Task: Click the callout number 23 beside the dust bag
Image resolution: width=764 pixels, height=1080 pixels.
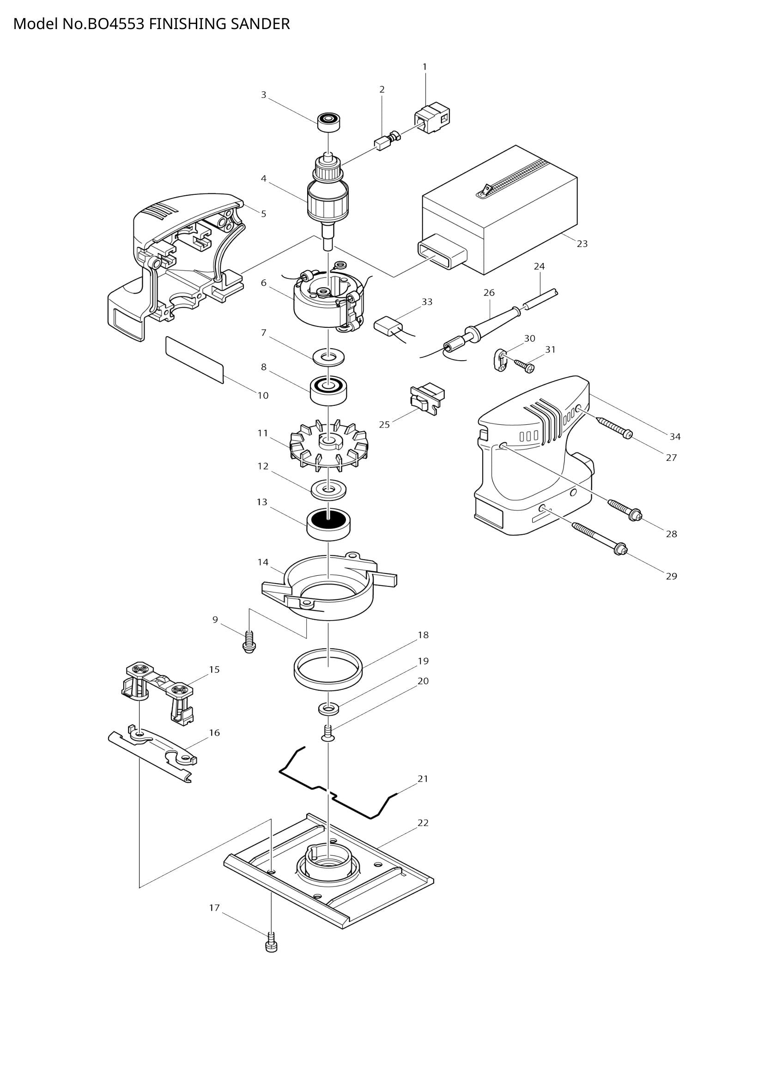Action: pos(582,244)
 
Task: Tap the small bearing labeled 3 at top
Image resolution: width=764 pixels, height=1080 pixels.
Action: pos(328,122)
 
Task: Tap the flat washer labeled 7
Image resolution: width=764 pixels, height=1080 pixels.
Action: pos(329,356)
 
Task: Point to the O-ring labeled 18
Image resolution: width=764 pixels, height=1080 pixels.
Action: pos(328,670)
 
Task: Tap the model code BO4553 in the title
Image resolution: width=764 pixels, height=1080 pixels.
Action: pos(115,24)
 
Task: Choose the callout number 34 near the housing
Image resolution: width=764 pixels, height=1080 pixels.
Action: pos(674,436)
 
